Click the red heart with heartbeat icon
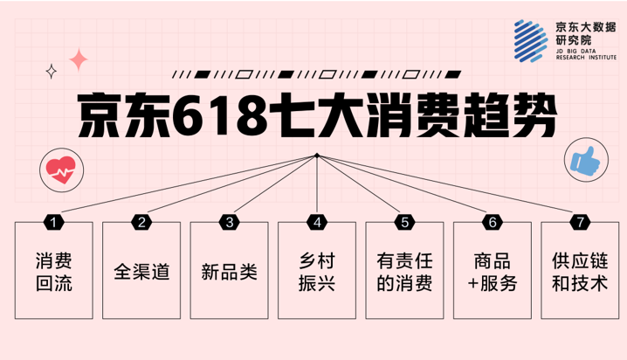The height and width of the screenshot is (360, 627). [x=61, y=170]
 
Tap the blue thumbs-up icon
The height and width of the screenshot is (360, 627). [x=585, y=161]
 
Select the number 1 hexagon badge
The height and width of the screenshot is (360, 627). [x=53, y=222]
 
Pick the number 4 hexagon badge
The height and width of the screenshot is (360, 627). [x=317, y=222]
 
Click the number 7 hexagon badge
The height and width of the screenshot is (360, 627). [x=580, y=222]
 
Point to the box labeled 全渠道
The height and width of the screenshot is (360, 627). [x=141, y=270]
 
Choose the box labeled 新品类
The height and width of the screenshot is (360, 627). [x=229, y=270]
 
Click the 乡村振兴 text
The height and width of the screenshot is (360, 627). [x=317, y=272]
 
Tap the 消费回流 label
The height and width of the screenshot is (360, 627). [x=54, y=272]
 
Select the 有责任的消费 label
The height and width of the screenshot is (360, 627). [x=404, y=272]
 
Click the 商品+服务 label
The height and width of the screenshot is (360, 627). [x=493, y=272]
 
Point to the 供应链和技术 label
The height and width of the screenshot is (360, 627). [x=580, y=272]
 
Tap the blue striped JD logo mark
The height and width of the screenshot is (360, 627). [x=531, y=41]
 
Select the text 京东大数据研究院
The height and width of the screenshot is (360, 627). [x=585, y=33]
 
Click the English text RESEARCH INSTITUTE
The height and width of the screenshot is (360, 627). [x=586, y=58]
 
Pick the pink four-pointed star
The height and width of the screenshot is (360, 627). [x=79, y=59]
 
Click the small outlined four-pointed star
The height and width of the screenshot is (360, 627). [x=52, y=72]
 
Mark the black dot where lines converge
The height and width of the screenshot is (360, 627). [x=317, y=156]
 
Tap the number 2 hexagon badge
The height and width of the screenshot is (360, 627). [x=141, y=222]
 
